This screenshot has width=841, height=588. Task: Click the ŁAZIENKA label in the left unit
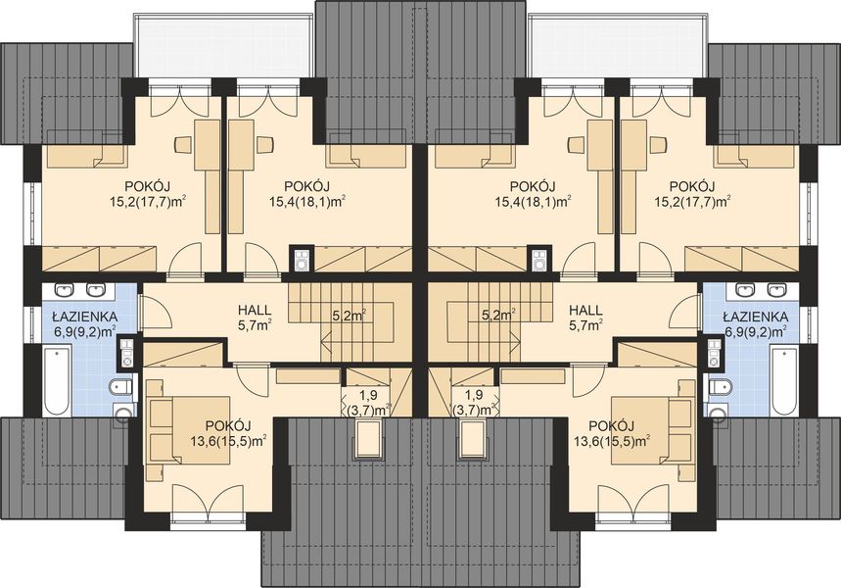click(85, 317)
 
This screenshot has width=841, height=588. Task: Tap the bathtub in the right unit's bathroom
click(783, 380)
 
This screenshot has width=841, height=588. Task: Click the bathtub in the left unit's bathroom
click(58, 380)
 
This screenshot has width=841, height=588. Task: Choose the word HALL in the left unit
click(255, 311)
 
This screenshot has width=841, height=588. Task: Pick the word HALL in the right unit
click(585, 311)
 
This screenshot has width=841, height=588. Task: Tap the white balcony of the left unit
click(222, 45)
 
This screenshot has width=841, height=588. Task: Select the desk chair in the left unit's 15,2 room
click(183, 144)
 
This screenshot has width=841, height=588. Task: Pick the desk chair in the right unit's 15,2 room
click(658, 144)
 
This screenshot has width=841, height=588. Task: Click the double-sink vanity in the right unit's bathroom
click(762, 290)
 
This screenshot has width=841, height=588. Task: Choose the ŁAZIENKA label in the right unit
click(756, 317)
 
